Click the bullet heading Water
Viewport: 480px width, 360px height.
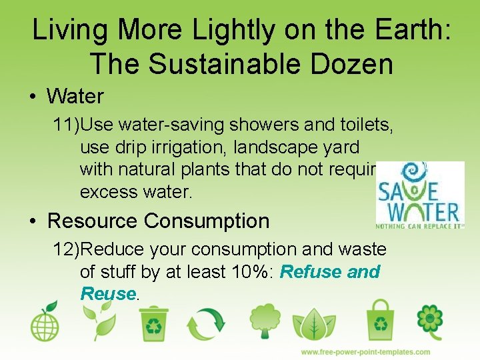[75, 97]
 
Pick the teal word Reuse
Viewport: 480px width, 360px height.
[108, 294]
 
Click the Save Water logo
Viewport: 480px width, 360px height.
[419, 195]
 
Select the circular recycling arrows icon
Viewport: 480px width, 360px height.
[207, 323]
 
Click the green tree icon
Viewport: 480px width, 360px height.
[264, 322]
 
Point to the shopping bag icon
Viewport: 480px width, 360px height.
[380, 322]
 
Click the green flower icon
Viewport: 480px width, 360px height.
[430, 322]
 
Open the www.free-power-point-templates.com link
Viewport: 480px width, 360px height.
[365, 352]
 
